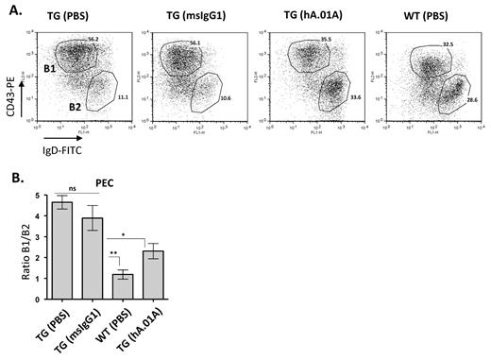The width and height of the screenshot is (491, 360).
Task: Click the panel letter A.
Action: [x=9, y=9]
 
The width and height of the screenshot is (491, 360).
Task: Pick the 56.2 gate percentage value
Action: [x=93, y=40]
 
